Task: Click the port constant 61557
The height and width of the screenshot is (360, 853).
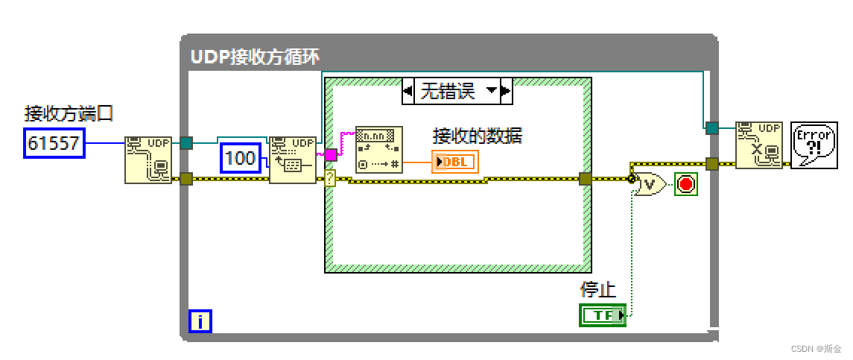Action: coord(54,142)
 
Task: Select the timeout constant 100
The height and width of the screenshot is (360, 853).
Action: coord(240,157)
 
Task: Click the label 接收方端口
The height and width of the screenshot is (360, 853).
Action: coord(69,113)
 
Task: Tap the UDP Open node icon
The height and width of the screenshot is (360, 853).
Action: coord(148,160)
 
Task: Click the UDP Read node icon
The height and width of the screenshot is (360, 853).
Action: coord(292,159)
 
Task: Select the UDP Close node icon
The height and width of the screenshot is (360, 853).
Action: coord(758,145)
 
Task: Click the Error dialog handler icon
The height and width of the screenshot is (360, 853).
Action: coord(813,145)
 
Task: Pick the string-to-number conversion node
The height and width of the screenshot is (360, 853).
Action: coord(378,149)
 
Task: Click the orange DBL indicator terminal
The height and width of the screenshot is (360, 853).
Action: coord(454,162)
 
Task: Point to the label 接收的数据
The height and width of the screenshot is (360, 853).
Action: coord(478,136)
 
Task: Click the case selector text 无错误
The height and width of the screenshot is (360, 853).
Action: coord(447,92)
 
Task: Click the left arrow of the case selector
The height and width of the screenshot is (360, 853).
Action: coord(408,92)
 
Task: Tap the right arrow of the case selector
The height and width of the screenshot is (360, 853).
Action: coord(506,92)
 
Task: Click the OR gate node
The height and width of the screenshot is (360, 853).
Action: coord(650,183)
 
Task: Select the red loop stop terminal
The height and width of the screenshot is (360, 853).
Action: coord(686,183)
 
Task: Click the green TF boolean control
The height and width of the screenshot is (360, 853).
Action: coord(602,315)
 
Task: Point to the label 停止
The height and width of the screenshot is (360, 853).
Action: coord(595,290)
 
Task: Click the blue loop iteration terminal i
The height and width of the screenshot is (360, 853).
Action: coord(200,321)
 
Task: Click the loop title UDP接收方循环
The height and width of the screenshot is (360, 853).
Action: coord(255,57)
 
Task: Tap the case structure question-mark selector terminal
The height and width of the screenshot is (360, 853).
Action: coord(330,177)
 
